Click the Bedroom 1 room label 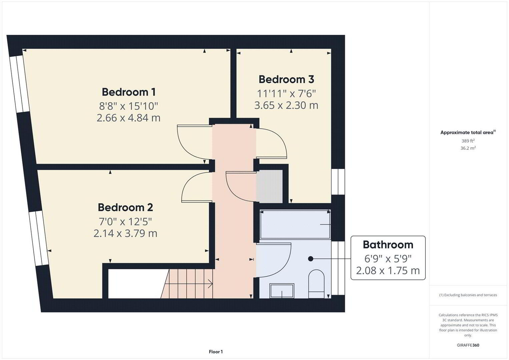pyautogui.click(x=129, y=92)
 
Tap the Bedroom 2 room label pyautogui.click(x=125, y=207)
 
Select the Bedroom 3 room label pyautogui.click(x=286, y=79)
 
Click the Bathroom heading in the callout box pyautogui.click(x=388, y=245)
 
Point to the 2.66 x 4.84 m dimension pyautogui.click(x=128, y=118)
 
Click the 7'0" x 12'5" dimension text pyautogui.click(x=125, y=221)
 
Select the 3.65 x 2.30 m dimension pyautogui.click(x=286, y=105)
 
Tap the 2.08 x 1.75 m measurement pyautogui.click(x=388, y=270)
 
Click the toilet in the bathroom pyautogui.click(x=316, y=284)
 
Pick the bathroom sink pyautogui.click(x=282, y=291)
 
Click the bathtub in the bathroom pyautogui.click(x=295, y=224)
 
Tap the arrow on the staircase pyautogui.click(x=188, y=284)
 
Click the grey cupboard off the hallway pyautogui.click(x=269, y=186)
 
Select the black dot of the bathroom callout pyautogui.click(x=311, y=259)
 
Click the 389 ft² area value pyautogui.click(x=468, y=141)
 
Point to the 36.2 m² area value pyautogui.click(x=468, y=148)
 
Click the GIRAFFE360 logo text pyautogui.click(x=468, y=345)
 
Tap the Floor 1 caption pyautogui.click(x=216, y=352)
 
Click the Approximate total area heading pyautogui.click(x=468, y=132)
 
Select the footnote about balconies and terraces pyautogui.click(x=468, y=295)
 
